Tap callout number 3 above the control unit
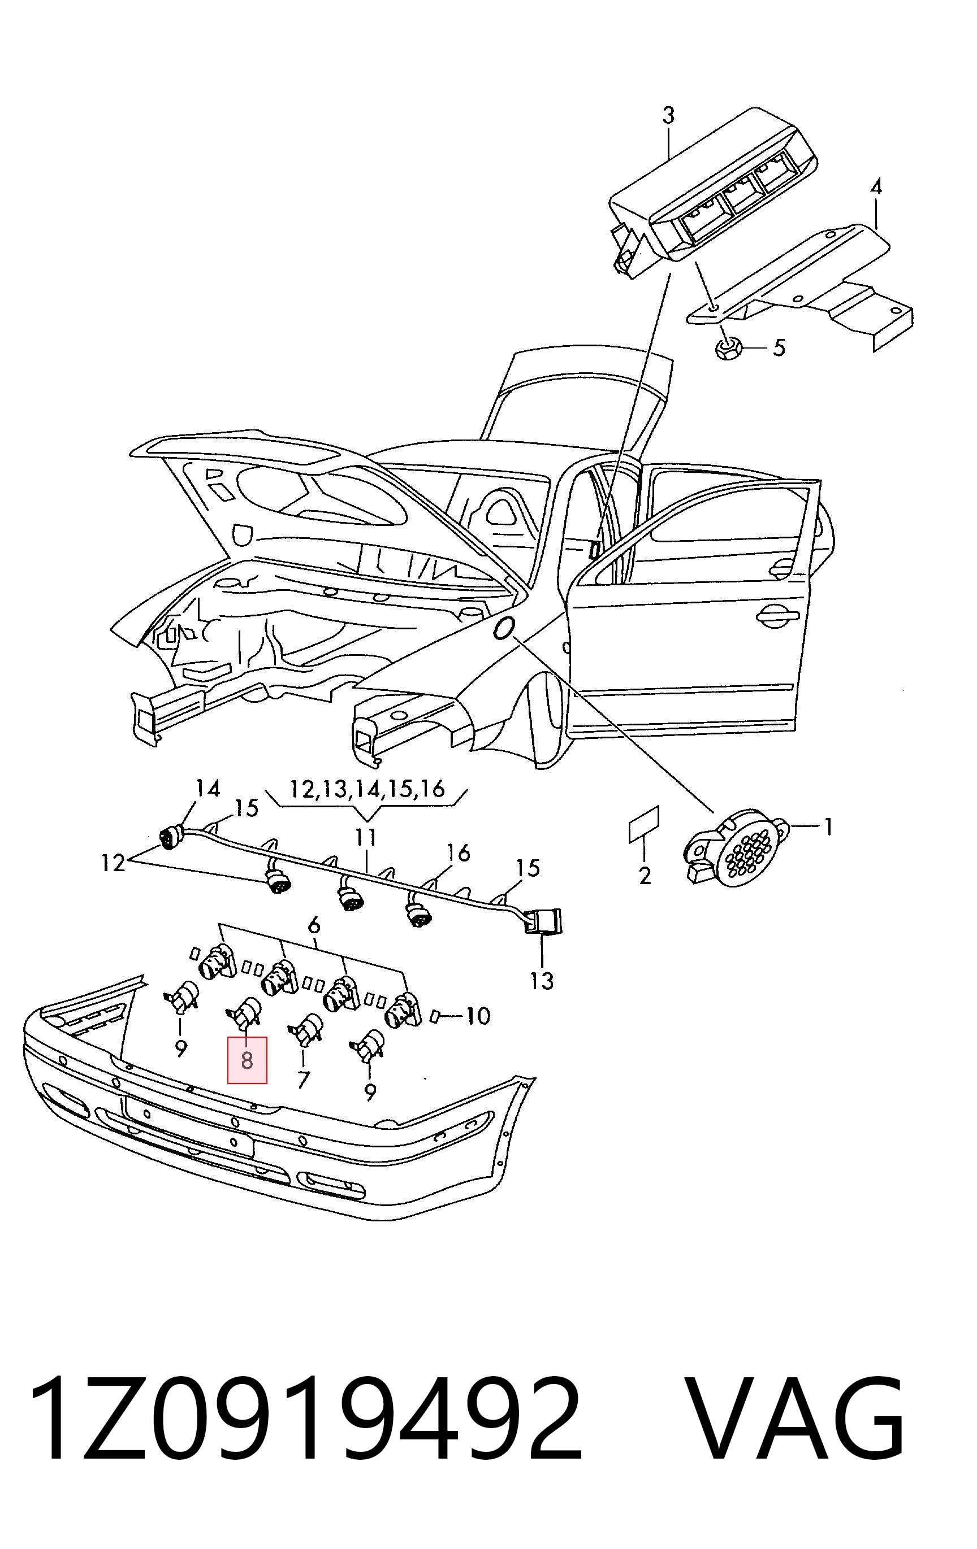[x=669, y=116]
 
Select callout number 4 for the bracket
[x=876, y=187]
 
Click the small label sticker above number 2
[x=643, y=824]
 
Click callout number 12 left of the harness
[x=113, y=863]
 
